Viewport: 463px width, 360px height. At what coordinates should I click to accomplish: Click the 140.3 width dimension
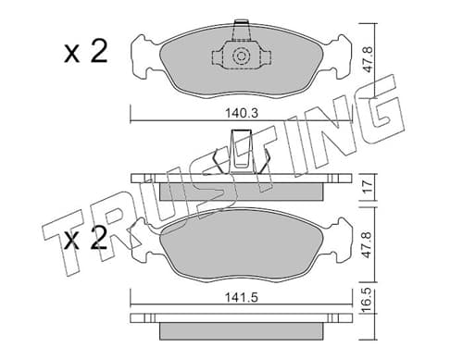coord(241,113)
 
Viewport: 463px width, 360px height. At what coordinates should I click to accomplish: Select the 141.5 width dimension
coord(241,298)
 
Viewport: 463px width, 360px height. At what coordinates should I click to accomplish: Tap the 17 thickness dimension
coord(369,186)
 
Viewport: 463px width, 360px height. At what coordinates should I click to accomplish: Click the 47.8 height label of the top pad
coord(369,60)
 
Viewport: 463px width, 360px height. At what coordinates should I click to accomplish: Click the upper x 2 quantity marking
coord(86,52)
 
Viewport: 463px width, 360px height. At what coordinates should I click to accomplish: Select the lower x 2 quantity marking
coord(86,238)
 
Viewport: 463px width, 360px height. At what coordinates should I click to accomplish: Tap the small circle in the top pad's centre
coord(241,56)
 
